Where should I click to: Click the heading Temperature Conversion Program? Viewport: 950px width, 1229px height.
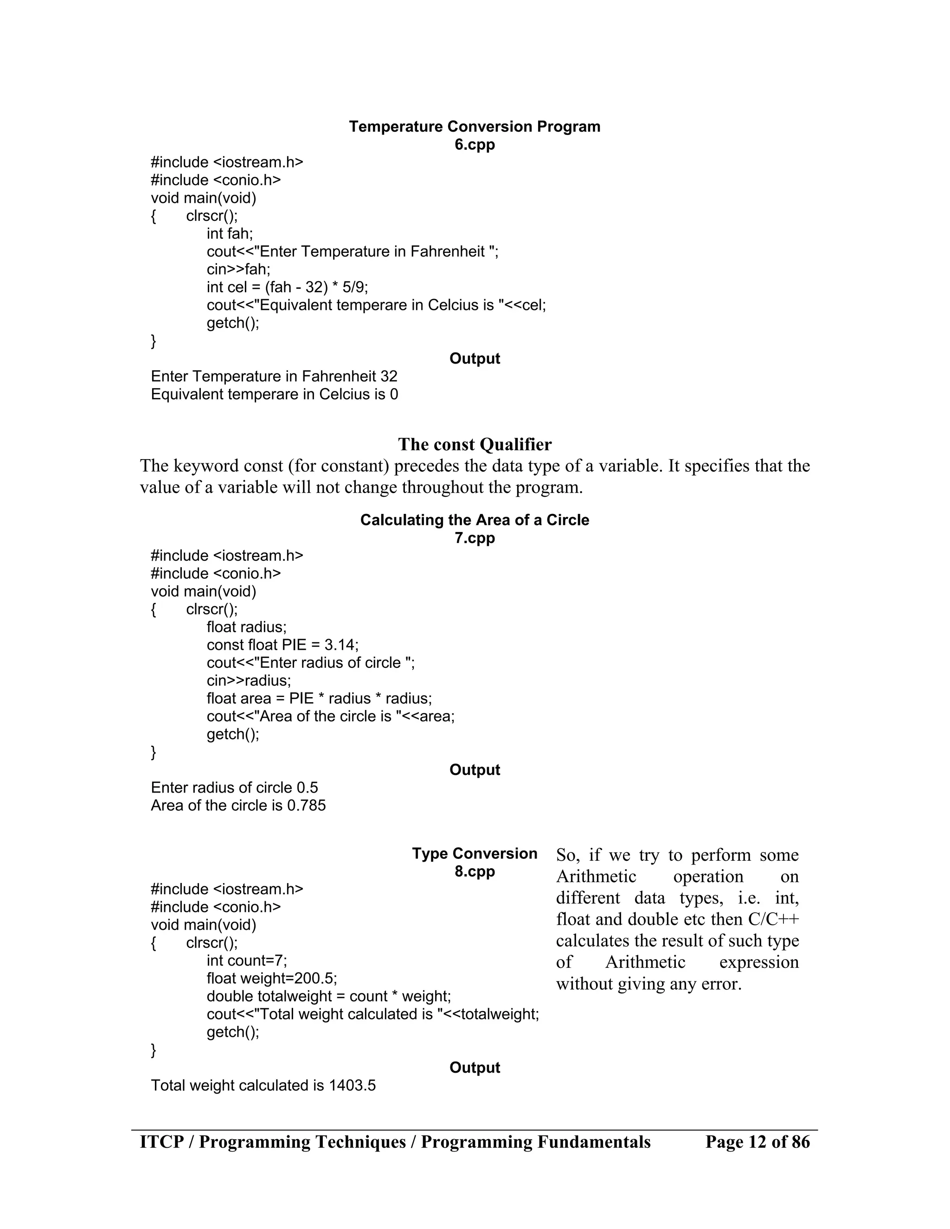[475, 127]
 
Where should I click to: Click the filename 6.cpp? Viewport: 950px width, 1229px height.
[475, 145]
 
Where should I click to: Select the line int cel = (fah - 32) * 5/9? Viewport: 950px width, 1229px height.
[287, 288]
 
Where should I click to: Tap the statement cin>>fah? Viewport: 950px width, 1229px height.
[238, 269]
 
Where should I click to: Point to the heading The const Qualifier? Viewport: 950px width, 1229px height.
[475, 445]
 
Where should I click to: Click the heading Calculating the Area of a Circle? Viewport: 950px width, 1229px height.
[475, 520]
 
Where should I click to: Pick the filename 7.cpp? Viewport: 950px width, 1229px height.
[475, 538]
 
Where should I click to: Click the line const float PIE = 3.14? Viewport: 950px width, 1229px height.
[282, 645]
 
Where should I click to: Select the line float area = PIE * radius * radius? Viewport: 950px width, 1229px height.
[319, 698]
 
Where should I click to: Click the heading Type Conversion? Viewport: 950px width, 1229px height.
[475, 854]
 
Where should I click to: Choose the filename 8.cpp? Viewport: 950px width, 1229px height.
[475, 872]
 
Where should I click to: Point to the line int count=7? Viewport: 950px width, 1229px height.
[246, 960]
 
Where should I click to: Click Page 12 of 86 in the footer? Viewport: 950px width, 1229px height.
[757, 1142]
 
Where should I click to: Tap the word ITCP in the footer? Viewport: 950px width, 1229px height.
[162, 1142]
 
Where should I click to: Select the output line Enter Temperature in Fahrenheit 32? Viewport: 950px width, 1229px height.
[274, 377]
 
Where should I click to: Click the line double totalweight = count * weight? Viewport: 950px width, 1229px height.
[329, 996]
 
